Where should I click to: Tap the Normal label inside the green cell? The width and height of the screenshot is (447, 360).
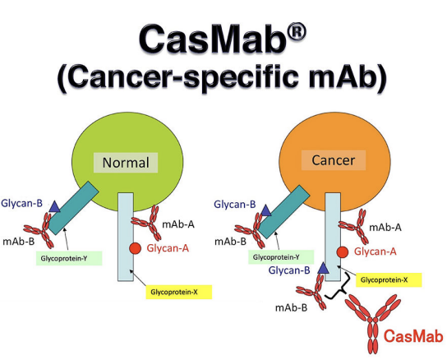point(126,163)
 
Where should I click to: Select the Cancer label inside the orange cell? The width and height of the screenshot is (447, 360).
point(334,160)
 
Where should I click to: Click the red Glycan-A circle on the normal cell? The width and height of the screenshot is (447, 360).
point(135,248)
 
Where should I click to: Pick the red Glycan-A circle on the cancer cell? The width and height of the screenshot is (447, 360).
point(343,252)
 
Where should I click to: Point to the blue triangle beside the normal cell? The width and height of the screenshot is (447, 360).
point(54,207)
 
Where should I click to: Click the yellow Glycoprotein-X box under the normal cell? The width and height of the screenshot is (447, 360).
point(179,292)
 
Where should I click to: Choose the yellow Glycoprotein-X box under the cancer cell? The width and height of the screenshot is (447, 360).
point(389,279)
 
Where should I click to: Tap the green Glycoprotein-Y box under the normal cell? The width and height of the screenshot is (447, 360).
point(69,258)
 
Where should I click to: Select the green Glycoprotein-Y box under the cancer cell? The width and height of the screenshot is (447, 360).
point(281,257)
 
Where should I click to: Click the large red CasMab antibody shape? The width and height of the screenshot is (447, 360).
point(373,322)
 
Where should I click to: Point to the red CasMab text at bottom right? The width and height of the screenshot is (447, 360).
point(413,336)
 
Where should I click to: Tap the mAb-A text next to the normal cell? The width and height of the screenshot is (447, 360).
point(178,224)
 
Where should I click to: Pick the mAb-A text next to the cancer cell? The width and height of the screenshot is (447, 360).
point(385,228)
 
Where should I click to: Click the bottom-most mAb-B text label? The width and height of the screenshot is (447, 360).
point(292,307)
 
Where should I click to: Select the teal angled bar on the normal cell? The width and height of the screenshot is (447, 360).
point(73,208)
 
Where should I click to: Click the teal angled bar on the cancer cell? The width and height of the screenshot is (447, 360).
point(284,211)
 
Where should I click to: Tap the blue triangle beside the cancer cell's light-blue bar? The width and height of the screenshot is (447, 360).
point(323,268)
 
